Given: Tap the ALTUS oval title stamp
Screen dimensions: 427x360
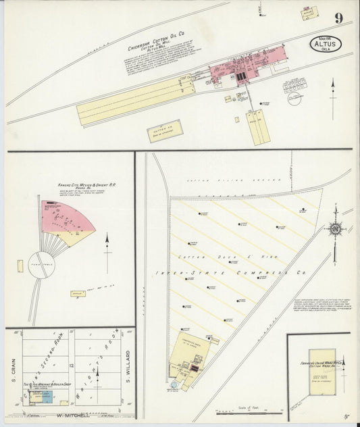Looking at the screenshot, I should [x=326, y=44].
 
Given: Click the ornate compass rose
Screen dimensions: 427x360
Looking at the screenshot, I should [x=336, y=230].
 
